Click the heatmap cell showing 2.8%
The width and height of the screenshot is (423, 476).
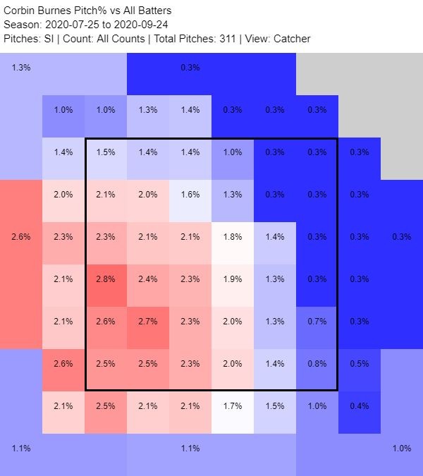(x=106, y=279)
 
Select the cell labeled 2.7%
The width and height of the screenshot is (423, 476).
(x=148, y=322)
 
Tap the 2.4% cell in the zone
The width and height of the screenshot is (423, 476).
(x=148, y=279)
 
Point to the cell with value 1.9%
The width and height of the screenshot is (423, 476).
(x=233, y=279)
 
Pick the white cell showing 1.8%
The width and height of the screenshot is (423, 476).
(x=233, y=237)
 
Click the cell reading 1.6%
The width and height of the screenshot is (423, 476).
(x=190, y=195)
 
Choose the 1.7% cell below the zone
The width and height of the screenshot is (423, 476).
(x=233, y=406)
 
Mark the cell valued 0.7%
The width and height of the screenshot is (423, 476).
(x=317, y=322)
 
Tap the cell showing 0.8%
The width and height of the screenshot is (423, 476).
(x=317, y=364)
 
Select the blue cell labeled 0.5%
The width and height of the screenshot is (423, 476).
(x=360, y=364)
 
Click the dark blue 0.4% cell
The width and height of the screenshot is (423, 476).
(x=360, y=406)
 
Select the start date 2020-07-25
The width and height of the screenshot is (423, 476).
(x=73, y=25)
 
